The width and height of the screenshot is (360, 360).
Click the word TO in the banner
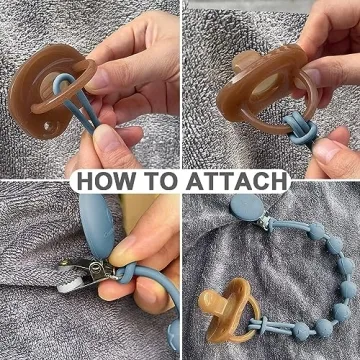pos(161,181)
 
